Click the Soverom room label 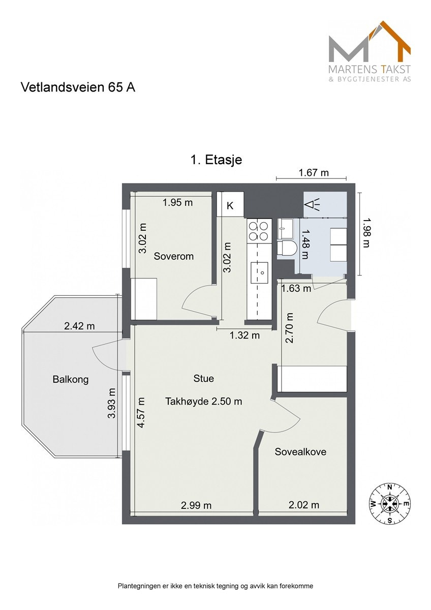pyautogui.click(x=173, y=256)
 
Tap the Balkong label pyautogui.click(x=70, y=379)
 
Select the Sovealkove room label pyautogui.click(x=300, y=452)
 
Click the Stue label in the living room pyautogui.click(x=203, y=378)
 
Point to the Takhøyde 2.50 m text pyautogui.click(x=203, y=401)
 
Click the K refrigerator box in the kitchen pyautogui.click(x=230, y=205)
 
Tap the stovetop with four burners pyautogui.click(x=258, y=231)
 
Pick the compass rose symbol pyautogui.click(x=389, y=503)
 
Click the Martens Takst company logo pyautogui.click(x=370, y=51)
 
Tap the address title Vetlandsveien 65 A pyautogui.click(x=78, y=87)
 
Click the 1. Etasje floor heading pyautogui.click(x=216, y=160)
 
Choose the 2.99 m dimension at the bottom pyautogui.click(x=196, y=505)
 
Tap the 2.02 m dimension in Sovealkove pyautogui.click(x=303, y=505)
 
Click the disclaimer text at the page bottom pyautogui.click(x=216, y=586)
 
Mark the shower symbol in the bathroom pyautogui.click(x=312, y=204)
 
